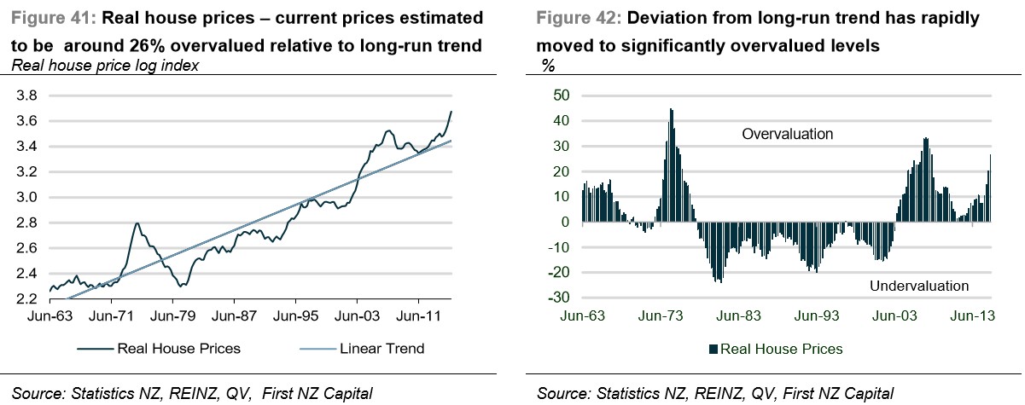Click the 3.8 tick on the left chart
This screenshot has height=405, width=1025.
26,95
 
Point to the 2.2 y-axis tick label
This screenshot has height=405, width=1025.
26,299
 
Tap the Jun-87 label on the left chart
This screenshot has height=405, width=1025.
235,316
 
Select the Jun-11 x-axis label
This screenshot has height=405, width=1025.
418,316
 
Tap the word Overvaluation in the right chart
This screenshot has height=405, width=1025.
787,134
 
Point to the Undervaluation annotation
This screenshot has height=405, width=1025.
919,286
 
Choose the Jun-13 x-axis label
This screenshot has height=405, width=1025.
972,316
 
